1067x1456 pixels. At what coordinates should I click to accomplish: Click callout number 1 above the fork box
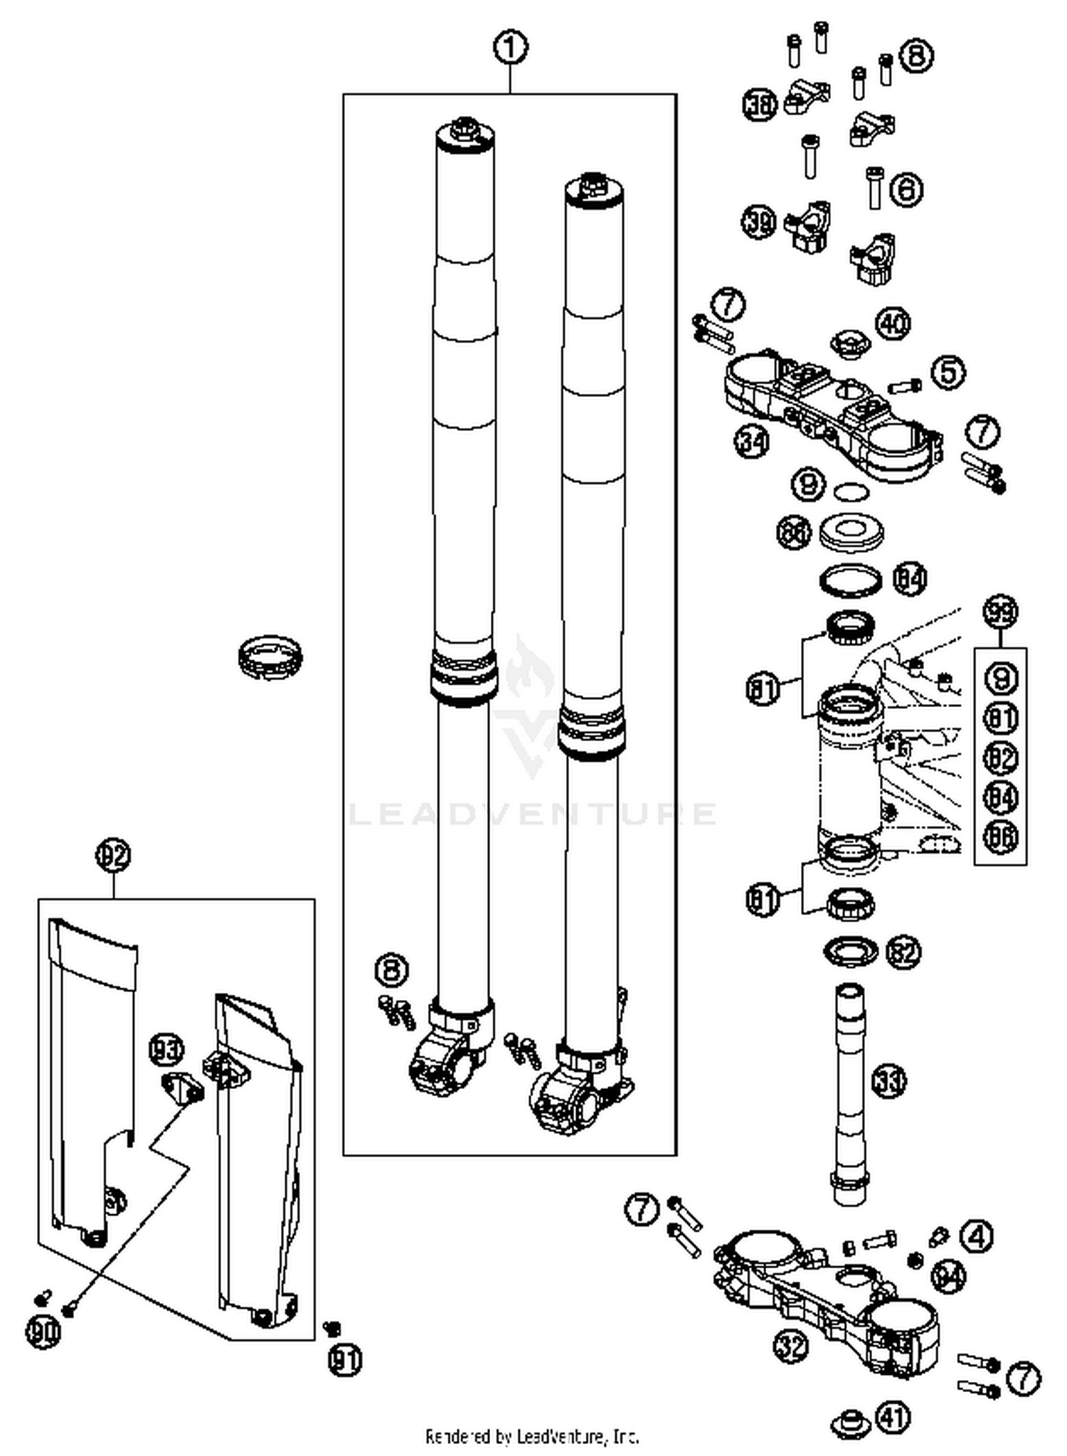(510, 48)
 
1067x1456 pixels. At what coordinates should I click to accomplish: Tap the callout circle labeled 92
(114, 854)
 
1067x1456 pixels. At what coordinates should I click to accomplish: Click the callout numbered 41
(893, 1417)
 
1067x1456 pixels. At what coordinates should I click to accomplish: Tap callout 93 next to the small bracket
(167, 1049)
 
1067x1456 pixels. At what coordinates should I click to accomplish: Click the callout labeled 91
(345, 1359)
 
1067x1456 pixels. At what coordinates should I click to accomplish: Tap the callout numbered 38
(760, 105)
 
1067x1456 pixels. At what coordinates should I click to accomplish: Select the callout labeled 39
(759, 223)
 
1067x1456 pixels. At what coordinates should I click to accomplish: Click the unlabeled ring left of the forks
(270, 655)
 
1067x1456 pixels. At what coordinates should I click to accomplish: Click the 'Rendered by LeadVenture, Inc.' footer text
(532, 1436)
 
